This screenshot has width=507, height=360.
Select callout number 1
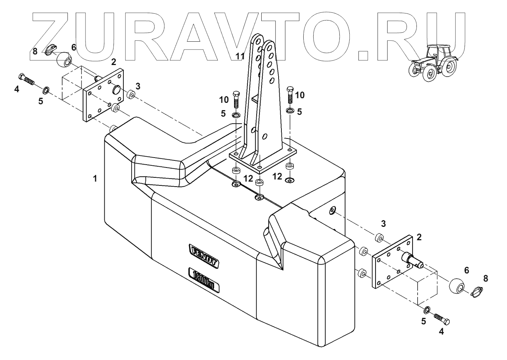[x=95, y=179]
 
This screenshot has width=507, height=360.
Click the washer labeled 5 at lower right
[x=427, y=310]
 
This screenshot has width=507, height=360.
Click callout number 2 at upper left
[x=113, y=62]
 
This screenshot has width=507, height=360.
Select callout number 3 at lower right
[x=383, y=224]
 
